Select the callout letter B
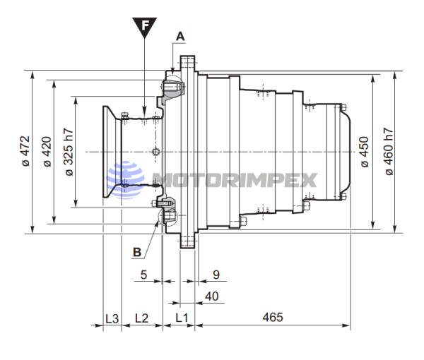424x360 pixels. pyautogui.click(x=137, y=250)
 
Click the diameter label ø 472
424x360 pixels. pyautogui.click(x=25, y=151)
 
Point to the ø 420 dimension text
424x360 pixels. pyautogui.click(x=47, y=151)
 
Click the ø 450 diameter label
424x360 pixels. pyautogui.click(x=365, y=151)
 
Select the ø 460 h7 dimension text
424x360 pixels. pyautogui.click(x=388, y=151)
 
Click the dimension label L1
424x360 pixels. pyautogui.click(x=181, y=318)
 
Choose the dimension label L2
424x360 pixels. pyautogui.click(x=141, y=318)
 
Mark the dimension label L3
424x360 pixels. pyautogui.click(x=111, y=318)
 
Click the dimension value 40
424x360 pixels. pyautogui.click(x=211, y=295)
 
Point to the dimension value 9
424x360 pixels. pyautogui.click(x=216, y=274)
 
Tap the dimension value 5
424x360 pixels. pyautogui.click(x=143, y=274)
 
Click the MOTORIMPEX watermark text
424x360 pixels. pyautogui.click(x=233, y=179)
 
